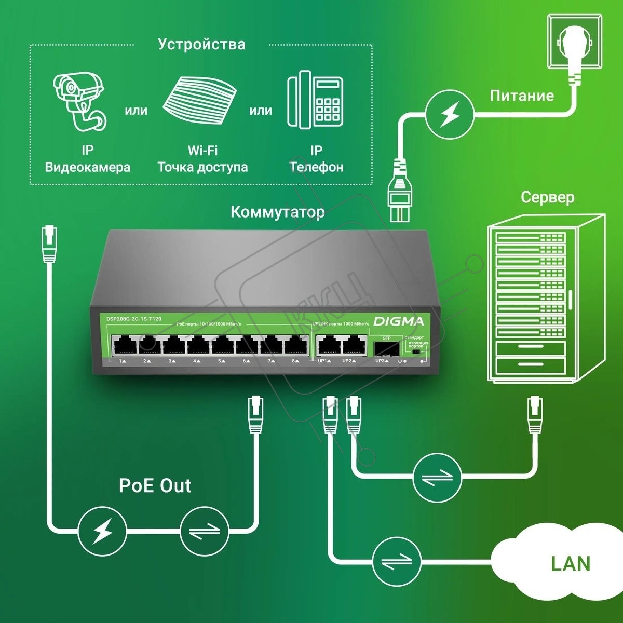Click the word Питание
click(x=522, y=96)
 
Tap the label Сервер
click(x=547, y=197)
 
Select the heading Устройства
click(x=201, y=44)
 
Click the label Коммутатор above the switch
click(x=278, y=212)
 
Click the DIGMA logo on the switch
click(x=399, y=321)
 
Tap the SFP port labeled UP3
click(x=386, y=347)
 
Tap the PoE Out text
click(x=155, y=485)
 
